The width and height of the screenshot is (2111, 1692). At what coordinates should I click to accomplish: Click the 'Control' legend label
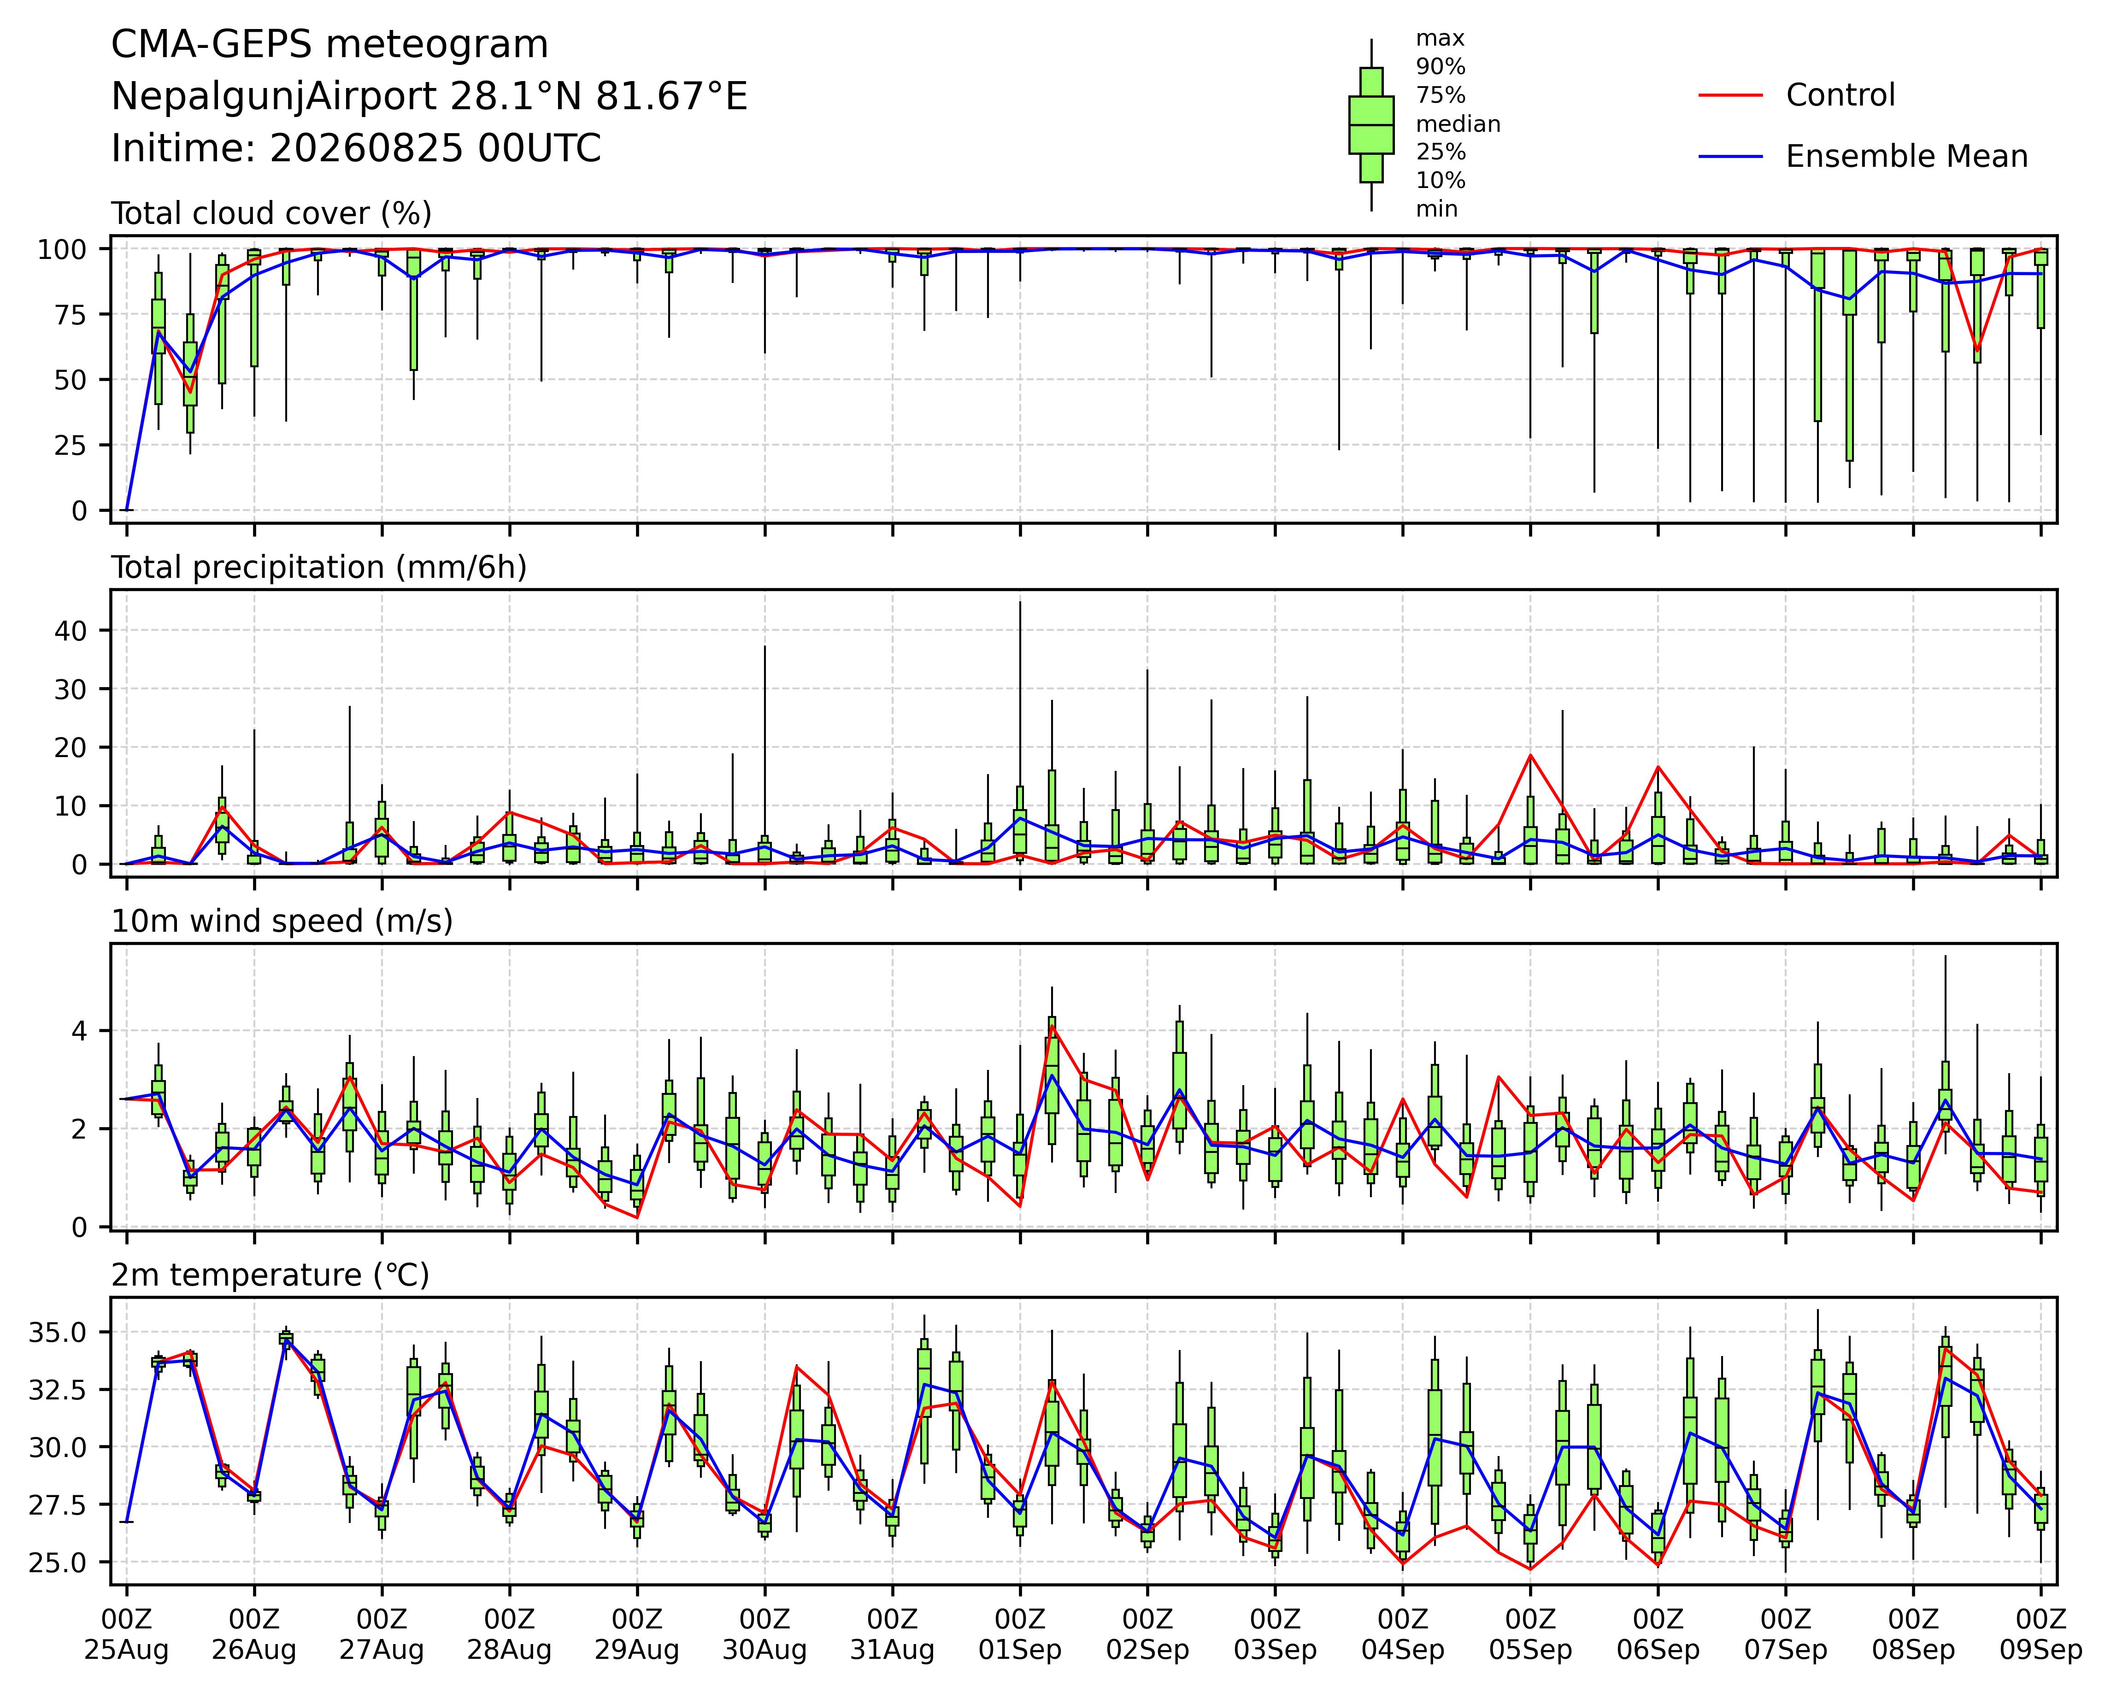click(x=1840, y=95)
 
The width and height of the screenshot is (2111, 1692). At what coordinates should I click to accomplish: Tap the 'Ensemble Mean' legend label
click(x=1906, y=157)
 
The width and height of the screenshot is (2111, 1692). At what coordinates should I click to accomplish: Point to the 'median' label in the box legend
click(x=1458, y=124)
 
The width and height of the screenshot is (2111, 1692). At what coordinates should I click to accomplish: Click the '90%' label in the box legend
click(x=1441, y=68)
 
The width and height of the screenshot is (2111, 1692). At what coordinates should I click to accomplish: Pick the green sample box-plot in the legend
click(x=1371, y=124)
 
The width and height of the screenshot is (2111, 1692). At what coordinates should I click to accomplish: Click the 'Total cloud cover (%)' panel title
click(x=271, y=213)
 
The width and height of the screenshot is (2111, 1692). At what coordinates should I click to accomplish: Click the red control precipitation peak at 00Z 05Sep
click(x=1530, y=755)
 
